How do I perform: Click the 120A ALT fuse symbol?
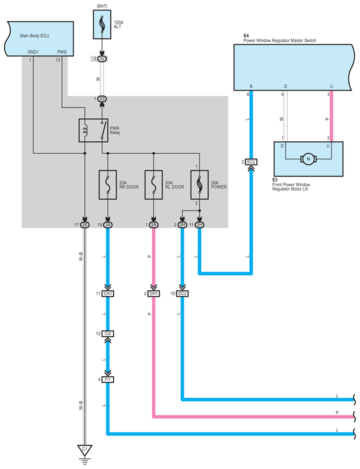pos(103,24)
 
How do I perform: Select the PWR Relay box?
pos(93,130)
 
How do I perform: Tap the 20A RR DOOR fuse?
pos(107,184)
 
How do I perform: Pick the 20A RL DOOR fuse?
pos(153,184)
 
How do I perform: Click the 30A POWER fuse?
pos(200,184)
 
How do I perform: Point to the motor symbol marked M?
pos(308,159)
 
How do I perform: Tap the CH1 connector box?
pos(107,294)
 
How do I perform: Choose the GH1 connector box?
pos(154,294)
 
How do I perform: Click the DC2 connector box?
pos(182,294)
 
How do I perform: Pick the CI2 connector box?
pos(107,333)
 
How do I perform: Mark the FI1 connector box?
pos(107,379)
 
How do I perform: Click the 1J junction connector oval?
pos(102,59)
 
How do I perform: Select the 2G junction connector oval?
pos(102,99)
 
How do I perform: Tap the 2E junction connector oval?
pos(84,225)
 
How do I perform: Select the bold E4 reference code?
pos(246,36)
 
